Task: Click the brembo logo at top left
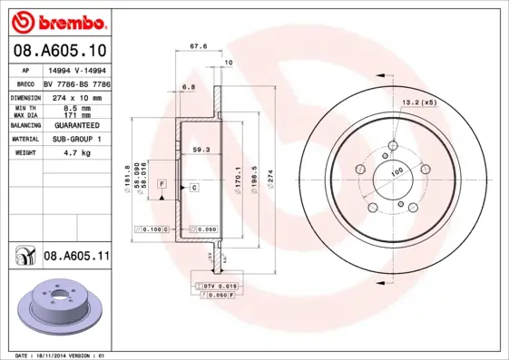[57, 21]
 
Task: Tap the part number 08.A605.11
[76, 258]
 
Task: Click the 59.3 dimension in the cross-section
[201, 149]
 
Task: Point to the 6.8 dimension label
[189, 86]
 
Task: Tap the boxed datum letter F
[162, 184]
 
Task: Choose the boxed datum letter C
[194, 187]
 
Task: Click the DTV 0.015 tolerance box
[218, 287]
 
